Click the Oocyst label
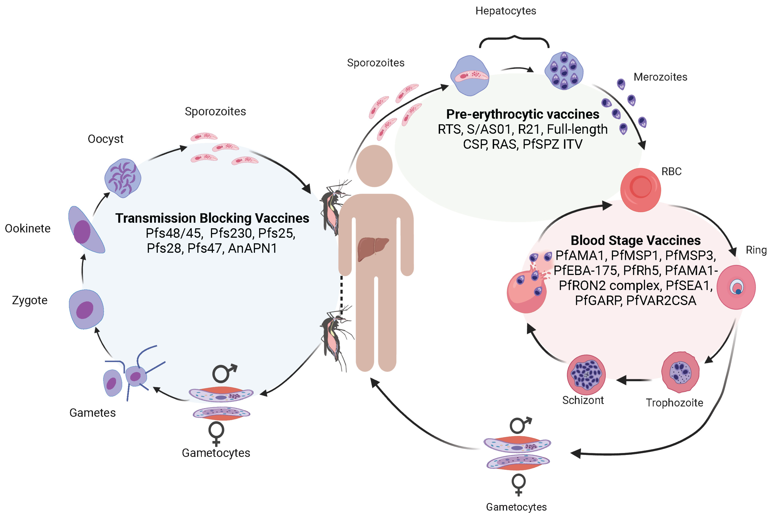(x=105, y=139)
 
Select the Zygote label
(x=30, y=300)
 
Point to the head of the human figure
(x=374, y=166)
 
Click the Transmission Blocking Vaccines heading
(x=212, y=218)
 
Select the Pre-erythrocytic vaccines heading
(x=523, y=114)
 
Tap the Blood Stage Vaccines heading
(x=635, y=241)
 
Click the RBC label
(x=671, y=172)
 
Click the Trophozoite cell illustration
(x=680, y=372)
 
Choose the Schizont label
(x=583, y=400)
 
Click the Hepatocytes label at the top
(x=506, y=11)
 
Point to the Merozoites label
(x=660, y=77)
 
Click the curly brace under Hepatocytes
(x=514, y=41)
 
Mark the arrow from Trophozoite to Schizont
(x=633, y=380)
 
